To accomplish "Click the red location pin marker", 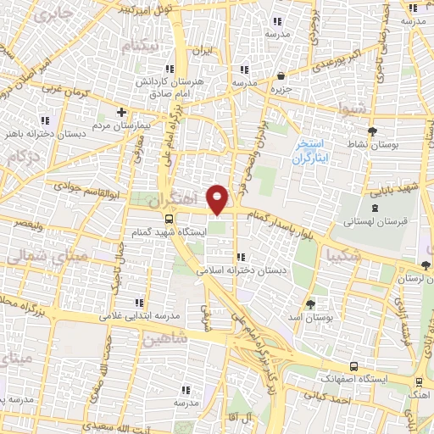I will [219, 200].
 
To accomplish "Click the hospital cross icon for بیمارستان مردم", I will [121, 112].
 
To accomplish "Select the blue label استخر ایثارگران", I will [309, 152].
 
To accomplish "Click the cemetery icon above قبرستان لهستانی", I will [375, 208].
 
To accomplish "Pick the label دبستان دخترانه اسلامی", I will [242, 271].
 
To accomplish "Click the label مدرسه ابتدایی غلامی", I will [140, 315].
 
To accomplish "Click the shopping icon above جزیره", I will [280, 75].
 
